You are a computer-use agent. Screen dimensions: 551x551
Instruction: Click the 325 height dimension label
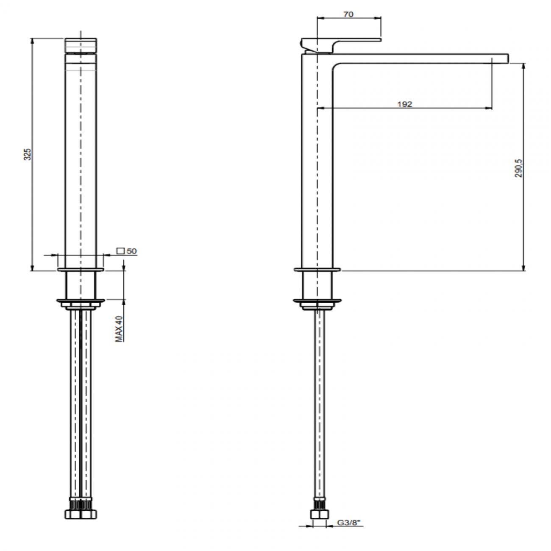pos(27,154)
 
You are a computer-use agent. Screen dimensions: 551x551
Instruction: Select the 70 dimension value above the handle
pos(348,14)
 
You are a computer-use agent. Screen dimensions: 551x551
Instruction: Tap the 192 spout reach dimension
pos(405,104)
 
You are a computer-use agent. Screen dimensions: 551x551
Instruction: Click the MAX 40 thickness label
pos(120,328)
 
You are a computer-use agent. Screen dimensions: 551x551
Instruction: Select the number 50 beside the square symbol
pos(132,251)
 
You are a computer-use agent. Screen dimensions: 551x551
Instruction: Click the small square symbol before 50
pos(120,251)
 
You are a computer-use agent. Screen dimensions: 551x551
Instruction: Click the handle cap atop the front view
pos(81,46)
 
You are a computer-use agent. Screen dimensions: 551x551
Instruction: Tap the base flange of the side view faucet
pos(317,269)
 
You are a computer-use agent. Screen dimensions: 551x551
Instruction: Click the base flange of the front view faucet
pos(81,269)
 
